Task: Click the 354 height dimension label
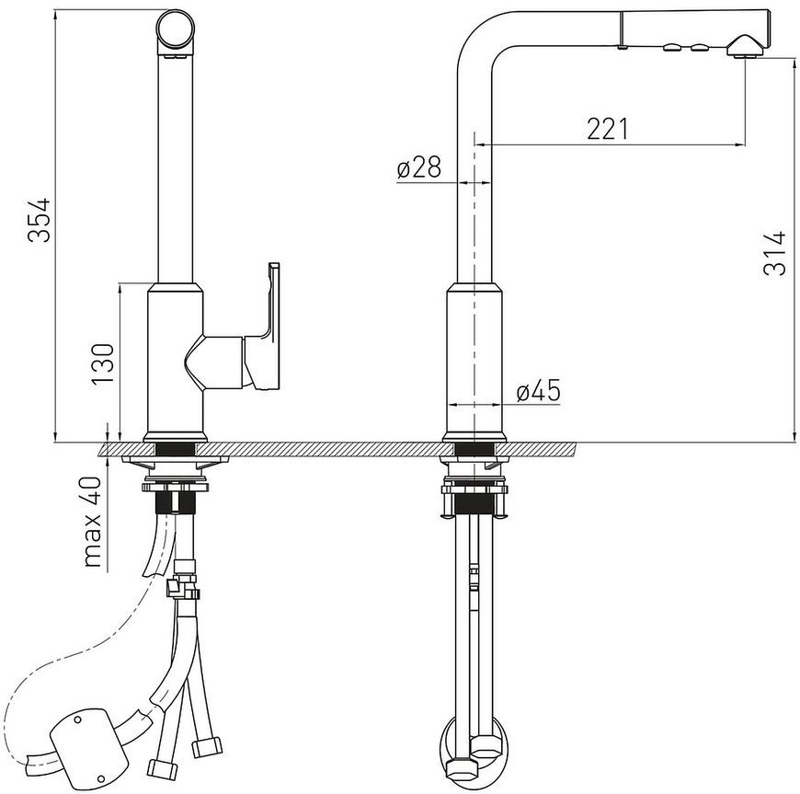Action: coord(40,220)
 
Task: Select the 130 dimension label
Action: coord(101,364)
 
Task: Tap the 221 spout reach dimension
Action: coord(607,128)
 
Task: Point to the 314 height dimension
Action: coord(774,254)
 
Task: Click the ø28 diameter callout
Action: coord(418,167)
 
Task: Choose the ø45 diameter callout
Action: coord(538,391)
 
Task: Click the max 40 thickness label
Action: coord(92,521)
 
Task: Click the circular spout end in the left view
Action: coord(175,29)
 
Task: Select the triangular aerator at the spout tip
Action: coord(746,47)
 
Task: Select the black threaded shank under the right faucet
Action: coord(474,504)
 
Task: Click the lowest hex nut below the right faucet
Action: coord(463,767)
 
